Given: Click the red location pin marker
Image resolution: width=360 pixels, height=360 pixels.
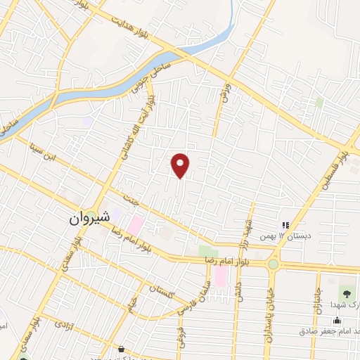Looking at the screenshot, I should click(181, 165).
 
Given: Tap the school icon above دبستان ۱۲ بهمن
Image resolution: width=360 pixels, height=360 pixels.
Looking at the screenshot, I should click(285, 224).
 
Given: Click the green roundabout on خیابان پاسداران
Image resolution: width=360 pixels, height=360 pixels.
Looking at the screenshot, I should click(272, 264).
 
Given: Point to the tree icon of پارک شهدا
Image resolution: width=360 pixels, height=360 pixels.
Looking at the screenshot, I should click(345, 292).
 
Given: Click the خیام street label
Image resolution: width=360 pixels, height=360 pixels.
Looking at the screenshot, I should click(131, 304).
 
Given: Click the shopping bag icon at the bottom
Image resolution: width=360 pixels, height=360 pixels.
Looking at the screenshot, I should click(122, 349).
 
